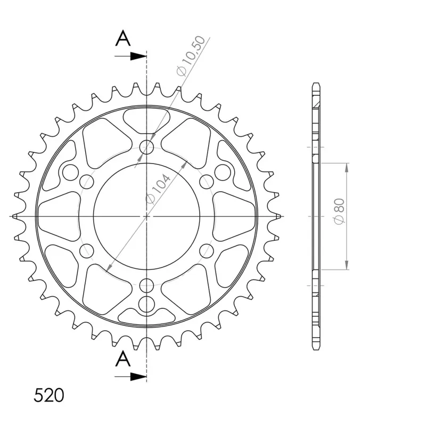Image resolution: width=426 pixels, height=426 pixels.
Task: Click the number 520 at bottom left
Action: coord(49,395)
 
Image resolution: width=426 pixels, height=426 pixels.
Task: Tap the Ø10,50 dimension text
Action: coord(191,56)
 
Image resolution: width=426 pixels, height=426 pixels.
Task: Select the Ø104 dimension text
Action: coord(158,188)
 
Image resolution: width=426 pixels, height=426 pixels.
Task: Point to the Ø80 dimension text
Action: coord(339,211)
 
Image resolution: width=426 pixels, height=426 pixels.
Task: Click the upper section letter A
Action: coord(123,38)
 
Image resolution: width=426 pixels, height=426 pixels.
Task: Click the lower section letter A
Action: coord(123,358)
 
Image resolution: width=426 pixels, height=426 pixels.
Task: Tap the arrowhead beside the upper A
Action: coord(138,56)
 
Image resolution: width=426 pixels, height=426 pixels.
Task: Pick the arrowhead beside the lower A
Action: coord(138,377)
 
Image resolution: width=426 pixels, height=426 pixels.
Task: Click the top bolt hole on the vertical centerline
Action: coord(147,148)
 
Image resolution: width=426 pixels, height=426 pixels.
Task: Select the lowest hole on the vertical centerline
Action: coord(147,303)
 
